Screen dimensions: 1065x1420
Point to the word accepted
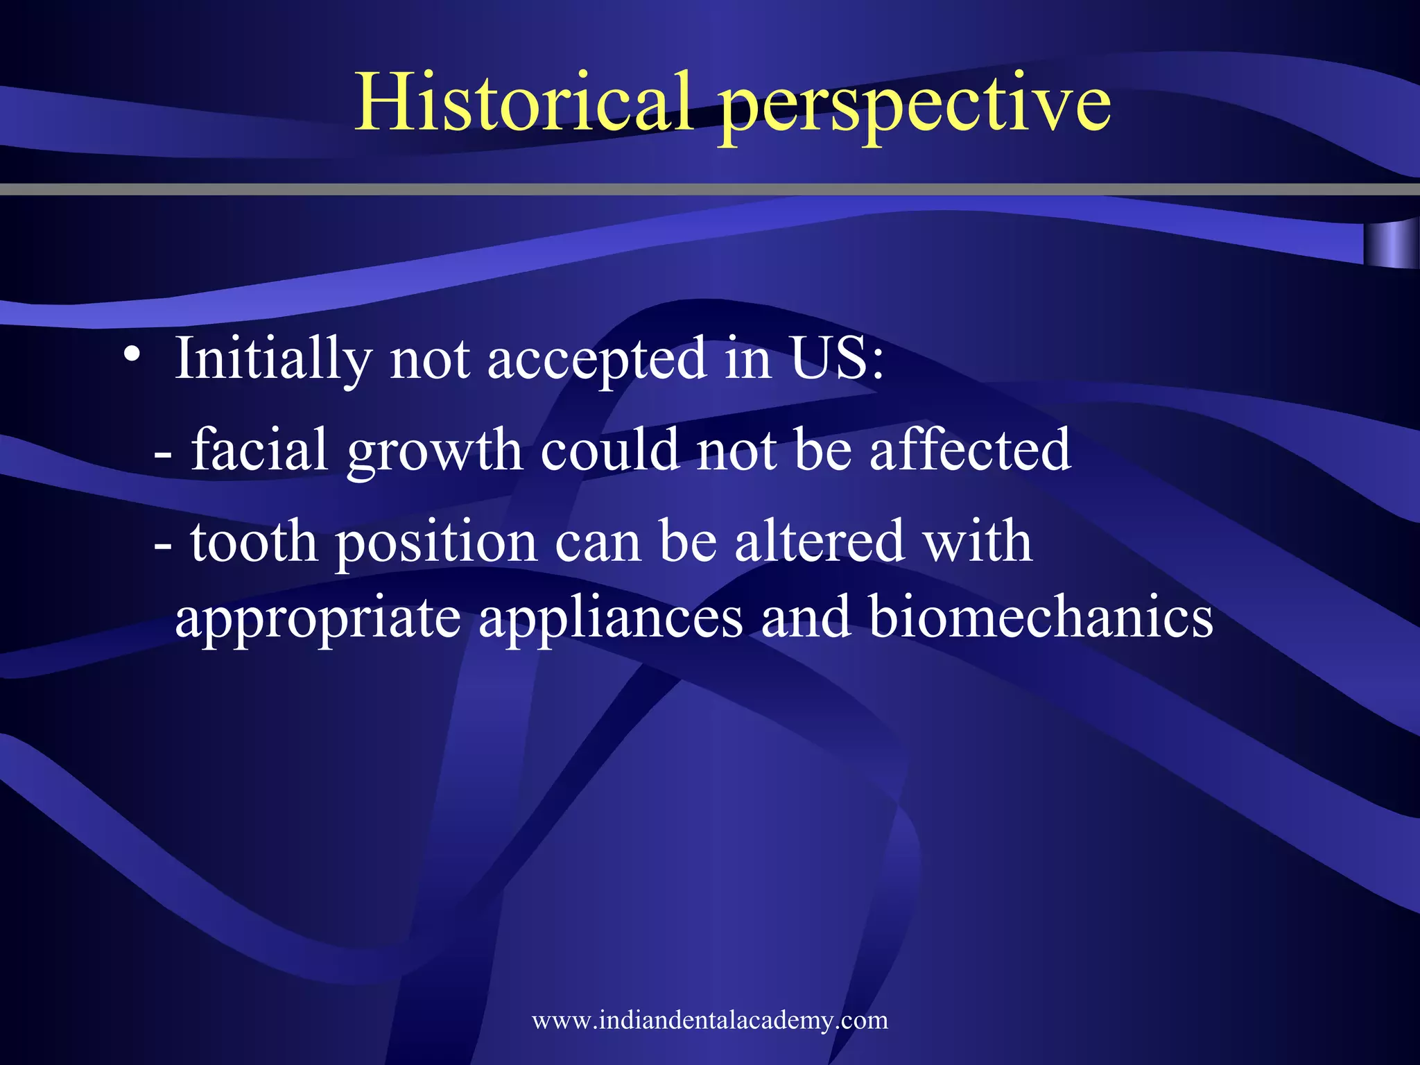[x=596, y=361]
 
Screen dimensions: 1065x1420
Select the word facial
[x=259, y=451]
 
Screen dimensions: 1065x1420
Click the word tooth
[x=254, y=542]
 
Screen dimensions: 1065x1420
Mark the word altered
[x=819, y=542]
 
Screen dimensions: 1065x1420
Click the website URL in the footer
[x=710, y=1020]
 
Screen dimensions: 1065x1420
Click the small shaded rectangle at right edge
[x=1390, y=244]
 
